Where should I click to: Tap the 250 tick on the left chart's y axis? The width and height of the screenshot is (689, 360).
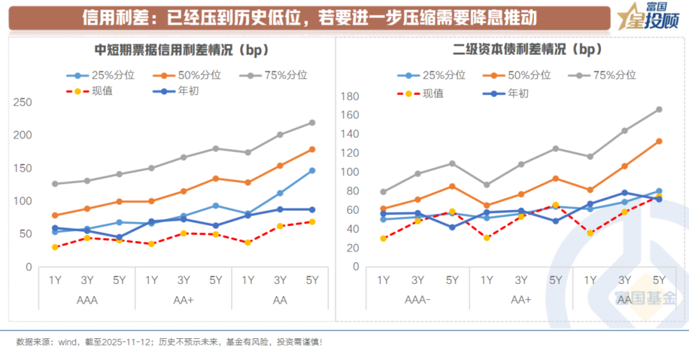pyautogui.click(x=24, y=102)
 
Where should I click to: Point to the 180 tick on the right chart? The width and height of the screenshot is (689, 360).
pyautogui.click(x=352, y=97)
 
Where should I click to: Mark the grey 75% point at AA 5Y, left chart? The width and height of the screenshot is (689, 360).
pyautogui.click(x=312, y=123)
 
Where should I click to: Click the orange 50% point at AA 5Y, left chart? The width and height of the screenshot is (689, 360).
pyautogui.click(x=312, y=149)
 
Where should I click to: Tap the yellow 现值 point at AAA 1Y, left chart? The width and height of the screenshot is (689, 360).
pyautogui.click(x=56, y=247)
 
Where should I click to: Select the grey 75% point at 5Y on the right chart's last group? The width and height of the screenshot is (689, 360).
pyautogui.click(x=659, y=109)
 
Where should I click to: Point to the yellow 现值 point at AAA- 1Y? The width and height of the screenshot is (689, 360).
pyautogui.click(x=383, y=239)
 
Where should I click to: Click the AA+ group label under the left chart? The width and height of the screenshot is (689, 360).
pyautogui.click(x=184, y=300)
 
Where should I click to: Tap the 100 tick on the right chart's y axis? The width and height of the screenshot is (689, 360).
pyautogui.click(x=352, y=172)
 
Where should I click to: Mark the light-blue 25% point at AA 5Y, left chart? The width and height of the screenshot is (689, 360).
pyautogui.click(x=312, y=170)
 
